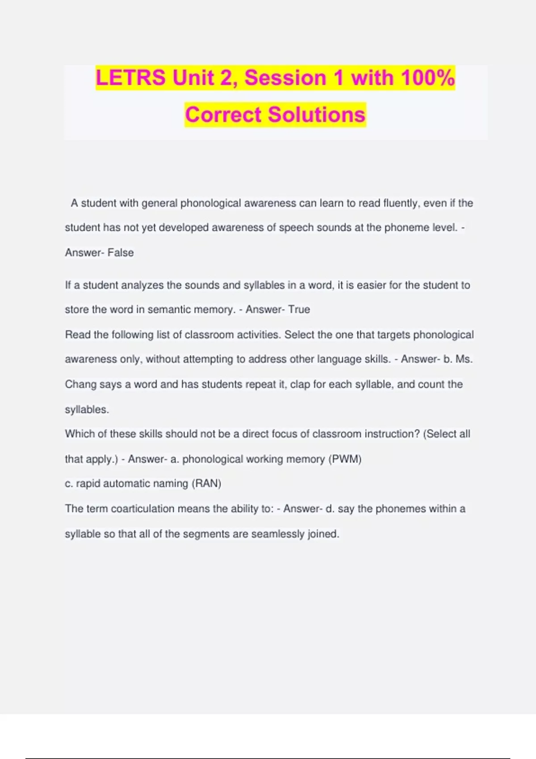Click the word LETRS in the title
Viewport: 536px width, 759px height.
pos(130,78)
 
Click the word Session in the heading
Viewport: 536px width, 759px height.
pos(285,78)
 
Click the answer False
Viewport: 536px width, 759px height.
pos(121,253)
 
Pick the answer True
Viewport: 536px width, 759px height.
pos(299,309)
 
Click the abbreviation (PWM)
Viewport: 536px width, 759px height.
pos(345,459)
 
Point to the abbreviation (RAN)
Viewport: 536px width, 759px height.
pos(206,484)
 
